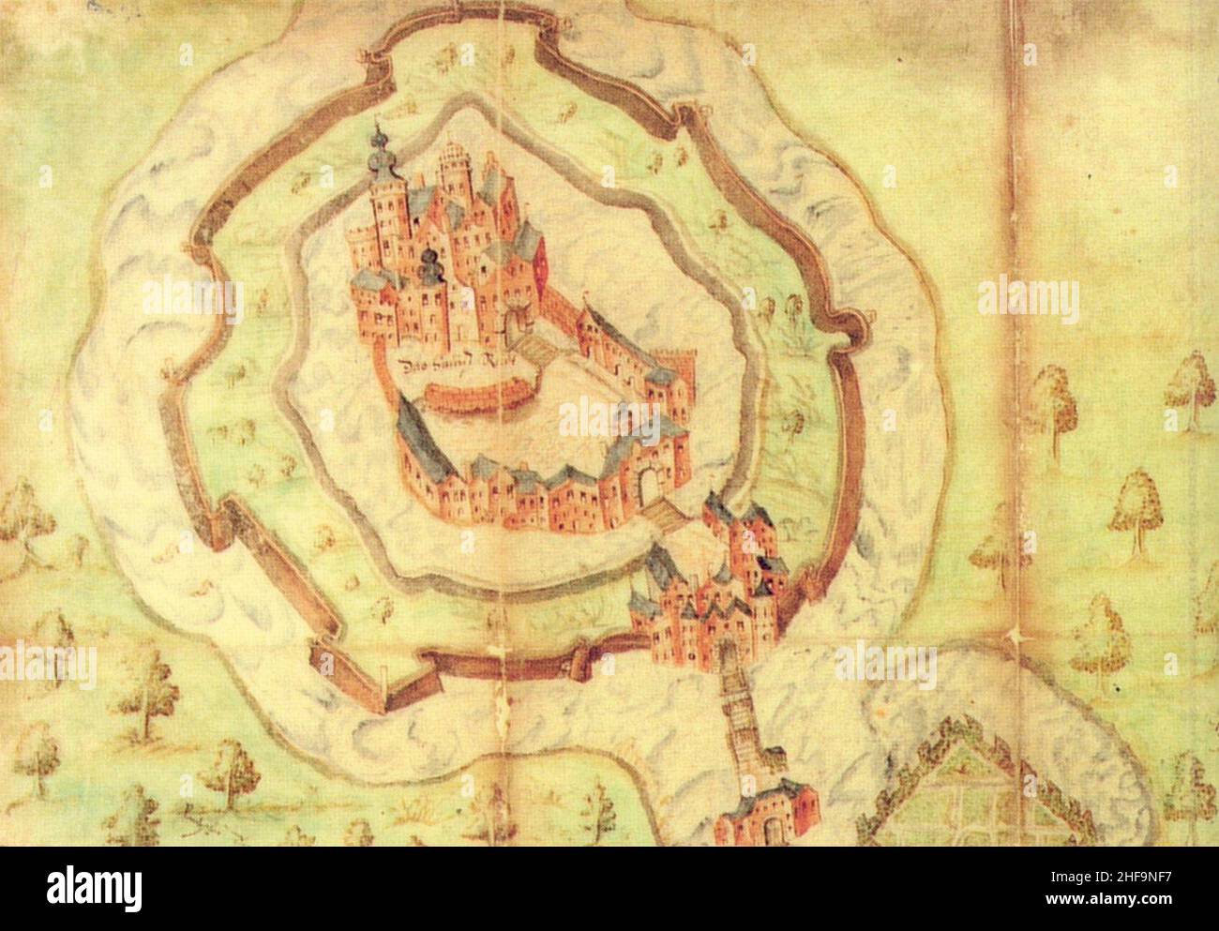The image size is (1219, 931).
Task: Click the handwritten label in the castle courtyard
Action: point(452,365)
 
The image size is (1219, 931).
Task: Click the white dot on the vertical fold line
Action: point(1015,638)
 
